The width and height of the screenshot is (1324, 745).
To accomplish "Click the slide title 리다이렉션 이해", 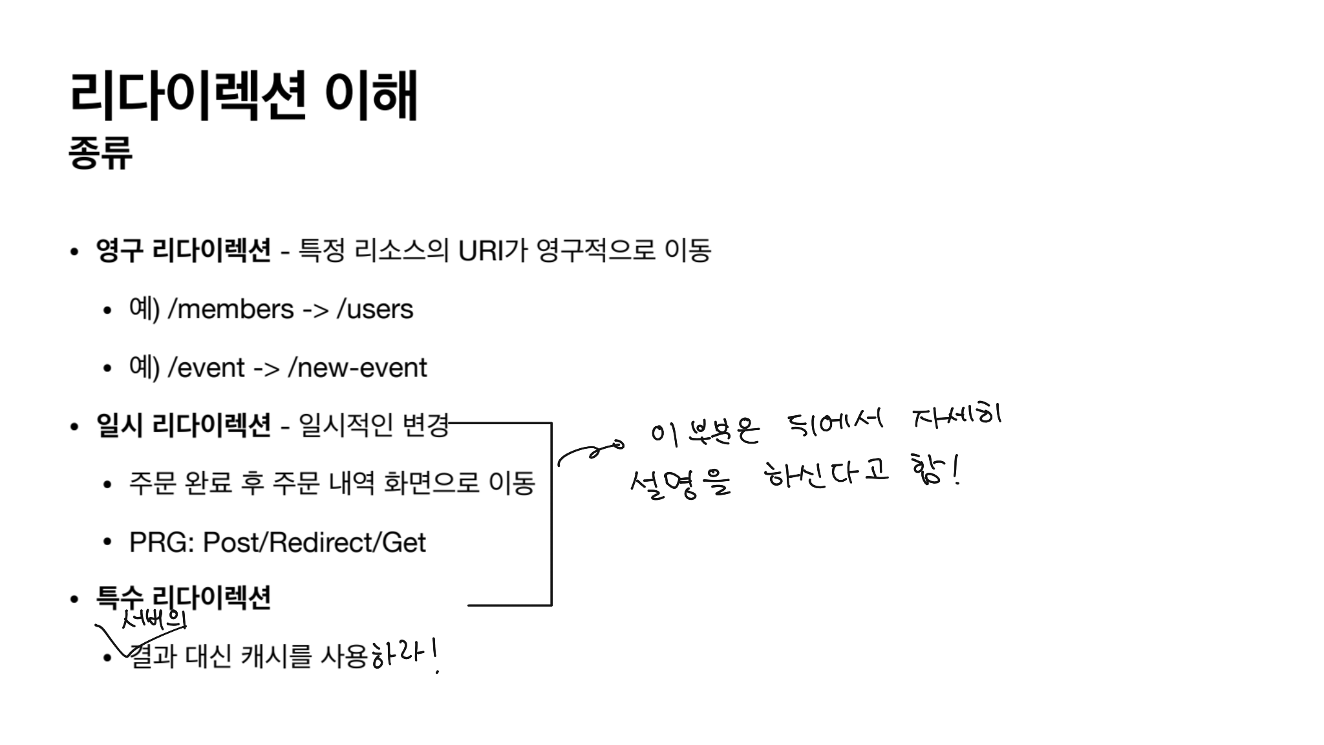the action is click(x=243, y=96).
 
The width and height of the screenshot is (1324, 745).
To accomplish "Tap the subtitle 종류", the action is click(x=100, y=153).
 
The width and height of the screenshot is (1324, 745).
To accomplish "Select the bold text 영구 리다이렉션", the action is click(x=183, y=250).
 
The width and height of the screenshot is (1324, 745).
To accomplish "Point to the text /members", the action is click(x=231, y=309).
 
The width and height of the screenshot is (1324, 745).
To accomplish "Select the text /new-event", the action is click(x=358, y=368).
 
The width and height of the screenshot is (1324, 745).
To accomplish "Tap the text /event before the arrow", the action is click(x=206, y=368).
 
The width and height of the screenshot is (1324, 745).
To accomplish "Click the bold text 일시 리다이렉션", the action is click(x=183, y=425).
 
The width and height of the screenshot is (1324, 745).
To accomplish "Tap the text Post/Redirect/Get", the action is click(x=314, y=542).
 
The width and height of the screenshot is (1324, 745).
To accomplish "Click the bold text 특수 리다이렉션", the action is click(x=183, y=598).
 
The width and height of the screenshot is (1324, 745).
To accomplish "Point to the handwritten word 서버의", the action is click(x=154, y=621).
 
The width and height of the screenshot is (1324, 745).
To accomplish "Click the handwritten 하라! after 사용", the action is click(x=405, y=655).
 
